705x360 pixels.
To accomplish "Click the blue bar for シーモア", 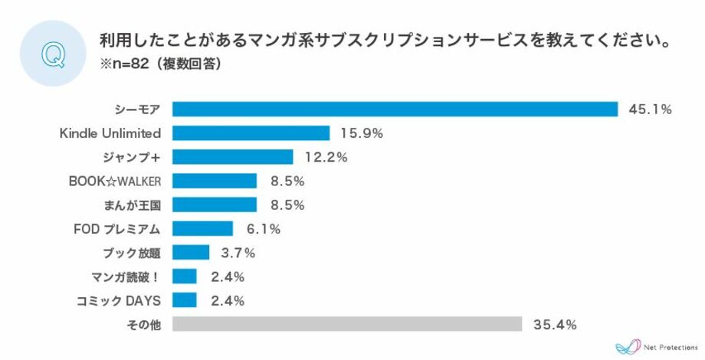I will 395,109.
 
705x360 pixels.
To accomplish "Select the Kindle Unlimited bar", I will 251,133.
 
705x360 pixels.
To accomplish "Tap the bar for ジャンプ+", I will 232,157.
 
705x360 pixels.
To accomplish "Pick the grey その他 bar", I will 347,324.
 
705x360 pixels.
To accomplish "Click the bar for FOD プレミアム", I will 202,228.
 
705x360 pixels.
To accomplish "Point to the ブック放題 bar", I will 191,253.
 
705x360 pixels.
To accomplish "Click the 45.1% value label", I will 650,110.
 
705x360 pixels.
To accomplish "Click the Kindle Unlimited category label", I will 110,133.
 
